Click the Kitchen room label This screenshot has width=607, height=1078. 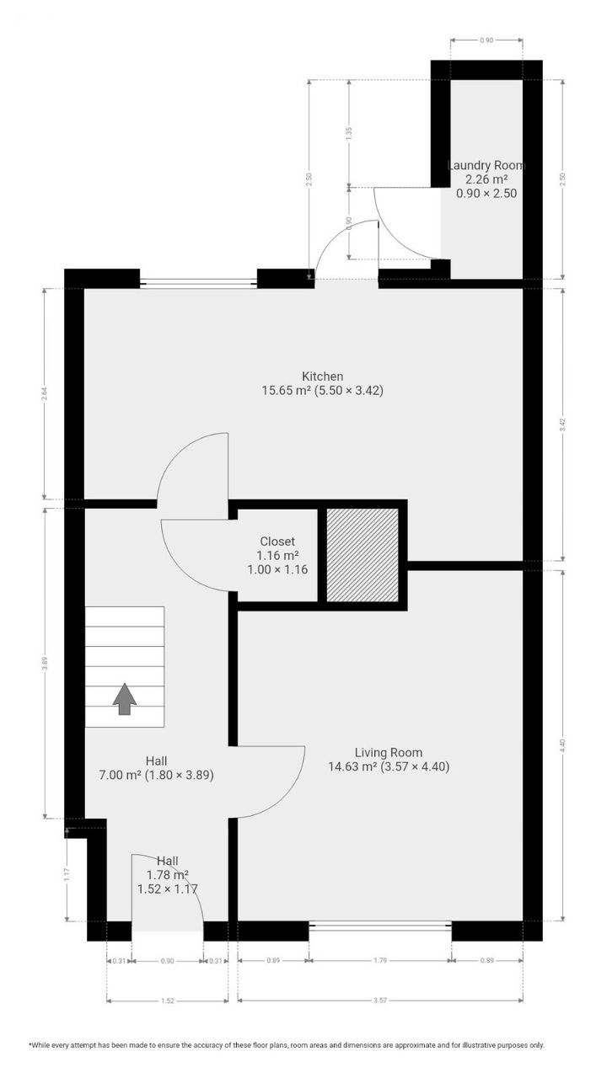(323, 376)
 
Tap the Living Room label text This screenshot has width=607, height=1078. (388, 753)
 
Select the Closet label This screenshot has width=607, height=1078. (277, 542)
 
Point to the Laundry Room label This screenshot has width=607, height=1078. (486, 166)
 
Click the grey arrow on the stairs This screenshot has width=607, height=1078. (125, 698)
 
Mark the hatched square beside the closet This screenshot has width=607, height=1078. (363, 555)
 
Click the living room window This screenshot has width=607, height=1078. (380, 926)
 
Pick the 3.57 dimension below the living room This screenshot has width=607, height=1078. (380, 1001)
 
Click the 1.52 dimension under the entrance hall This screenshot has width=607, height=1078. (167, 1001)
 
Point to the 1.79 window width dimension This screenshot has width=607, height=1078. (380, 960)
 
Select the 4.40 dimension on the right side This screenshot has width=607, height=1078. (563, 744)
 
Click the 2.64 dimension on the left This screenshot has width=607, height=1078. (45, 393)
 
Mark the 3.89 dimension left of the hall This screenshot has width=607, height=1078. (45, 662)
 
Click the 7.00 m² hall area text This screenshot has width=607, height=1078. (156, 774)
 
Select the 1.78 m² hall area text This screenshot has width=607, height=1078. (168, 875)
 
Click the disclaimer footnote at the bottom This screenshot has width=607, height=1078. (287, 1045)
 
